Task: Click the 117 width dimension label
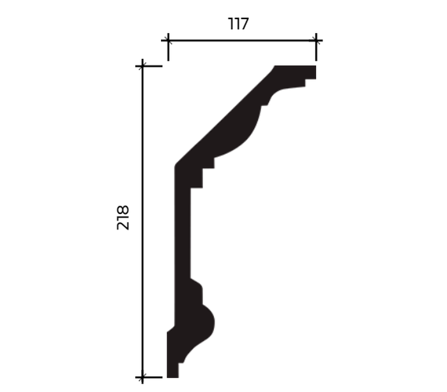[239, 24]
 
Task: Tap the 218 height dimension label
[123, 218]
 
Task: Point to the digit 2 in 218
[123, 225]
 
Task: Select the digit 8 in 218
[123, 210]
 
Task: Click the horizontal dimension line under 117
[242, 41]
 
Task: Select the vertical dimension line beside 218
[142, 222]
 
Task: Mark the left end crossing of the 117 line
[168, 41]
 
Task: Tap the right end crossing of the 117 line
[316, 41]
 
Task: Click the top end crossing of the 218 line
[142, 66]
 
